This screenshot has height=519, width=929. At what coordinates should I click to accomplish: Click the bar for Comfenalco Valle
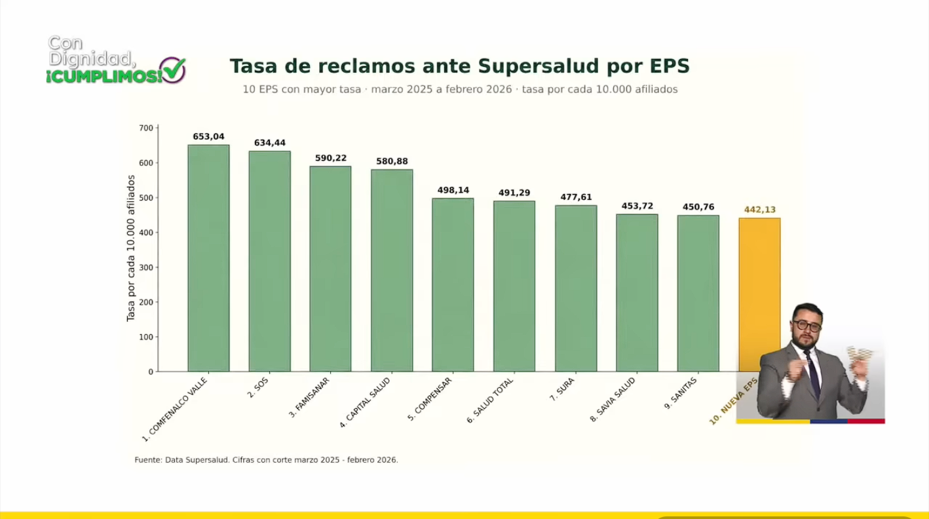pos(208,258)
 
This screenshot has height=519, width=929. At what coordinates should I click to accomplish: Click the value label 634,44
pos(270,143)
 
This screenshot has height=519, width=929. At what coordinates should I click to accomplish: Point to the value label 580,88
pos(392,161)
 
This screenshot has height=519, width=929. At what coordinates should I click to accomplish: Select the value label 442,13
pos(760,210)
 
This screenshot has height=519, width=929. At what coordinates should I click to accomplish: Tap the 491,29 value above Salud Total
pos(514,193)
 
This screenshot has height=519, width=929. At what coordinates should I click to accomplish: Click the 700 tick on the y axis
pos(145,128)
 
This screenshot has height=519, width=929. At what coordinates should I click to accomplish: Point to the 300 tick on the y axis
pos(145,267)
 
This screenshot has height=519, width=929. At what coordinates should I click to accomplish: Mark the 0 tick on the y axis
pos(150,372)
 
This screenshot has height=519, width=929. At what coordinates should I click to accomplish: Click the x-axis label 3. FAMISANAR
pos(309,397)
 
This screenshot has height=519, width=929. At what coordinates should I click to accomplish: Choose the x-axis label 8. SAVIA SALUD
pos(613,399)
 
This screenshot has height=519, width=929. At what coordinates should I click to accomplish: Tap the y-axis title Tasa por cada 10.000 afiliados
pos(130,248)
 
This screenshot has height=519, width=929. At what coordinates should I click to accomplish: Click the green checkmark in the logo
pos(174,69)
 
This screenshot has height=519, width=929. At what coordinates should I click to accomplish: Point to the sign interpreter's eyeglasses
pos(805,325)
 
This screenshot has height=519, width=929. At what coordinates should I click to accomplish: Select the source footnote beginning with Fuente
pos(266,460)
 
